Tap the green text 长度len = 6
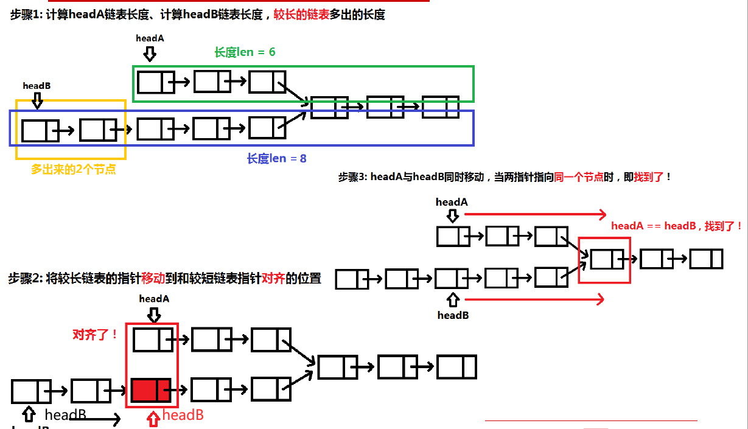coord(245,52)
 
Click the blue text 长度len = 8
coord(276,159)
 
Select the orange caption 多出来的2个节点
coord(74,170)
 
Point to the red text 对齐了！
coord(96,335)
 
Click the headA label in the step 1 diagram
coord(150,38)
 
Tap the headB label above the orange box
coord(37,86)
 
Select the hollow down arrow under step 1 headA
coord(150,54)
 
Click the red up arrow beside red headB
coord(155,418)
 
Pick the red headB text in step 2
coord(183,415)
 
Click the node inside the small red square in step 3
coord(607,259)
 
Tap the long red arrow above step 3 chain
coord(535,214)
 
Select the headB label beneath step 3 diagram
coord(453,315)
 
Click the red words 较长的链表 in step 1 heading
coord(301,15)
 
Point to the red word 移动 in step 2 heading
coord(153,279)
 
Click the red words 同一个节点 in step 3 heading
coord(579,177)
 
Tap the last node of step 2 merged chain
coord(456,367)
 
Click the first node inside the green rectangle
coord(155,82)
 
